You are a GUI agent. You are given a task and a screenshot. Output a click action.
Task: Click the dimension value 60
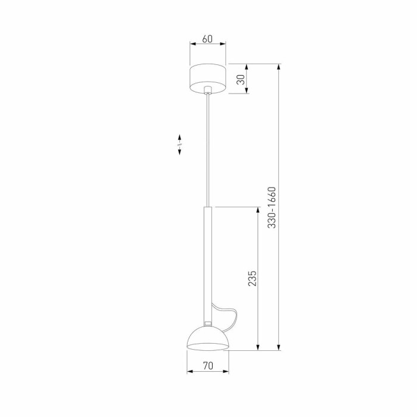tap(207, 39)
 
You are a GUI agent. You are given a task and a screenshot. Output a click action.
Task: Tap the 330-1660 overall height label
tap(272, 208)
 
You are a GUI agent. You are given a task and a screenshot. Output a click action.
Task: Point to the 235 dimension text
tap(252, 279)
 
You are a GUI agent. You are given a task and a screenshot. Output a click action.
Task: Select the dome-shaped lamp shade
tap(208, 338)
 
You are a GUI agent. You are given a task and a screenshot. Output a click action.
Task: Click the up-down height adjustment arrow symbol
tap(180, 145)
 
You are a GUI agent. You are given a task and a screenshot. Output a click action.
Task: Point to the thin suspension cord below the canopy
tap(207, 149)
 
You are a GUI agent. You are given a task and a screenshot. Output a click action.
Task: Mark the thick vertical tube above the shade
tap(207, 262)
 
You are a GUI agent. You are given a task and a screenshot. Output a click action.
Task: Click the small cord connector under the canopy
tap(207, 91)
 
